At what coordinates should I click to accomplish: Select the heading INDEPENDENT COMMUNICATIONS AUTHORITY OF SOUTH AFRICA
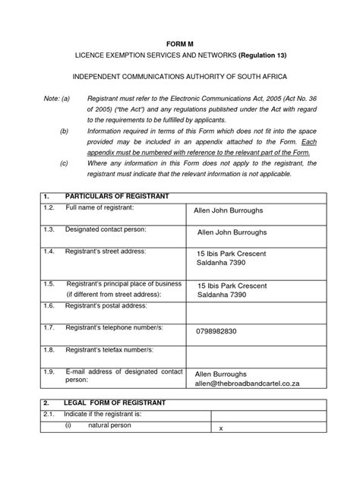(x=180, y=78)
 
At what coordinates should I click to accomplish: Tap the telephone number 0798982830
(x=217, y=331)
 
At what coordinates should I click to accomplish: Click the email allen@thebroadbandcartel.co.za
(x=249, y=385)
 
